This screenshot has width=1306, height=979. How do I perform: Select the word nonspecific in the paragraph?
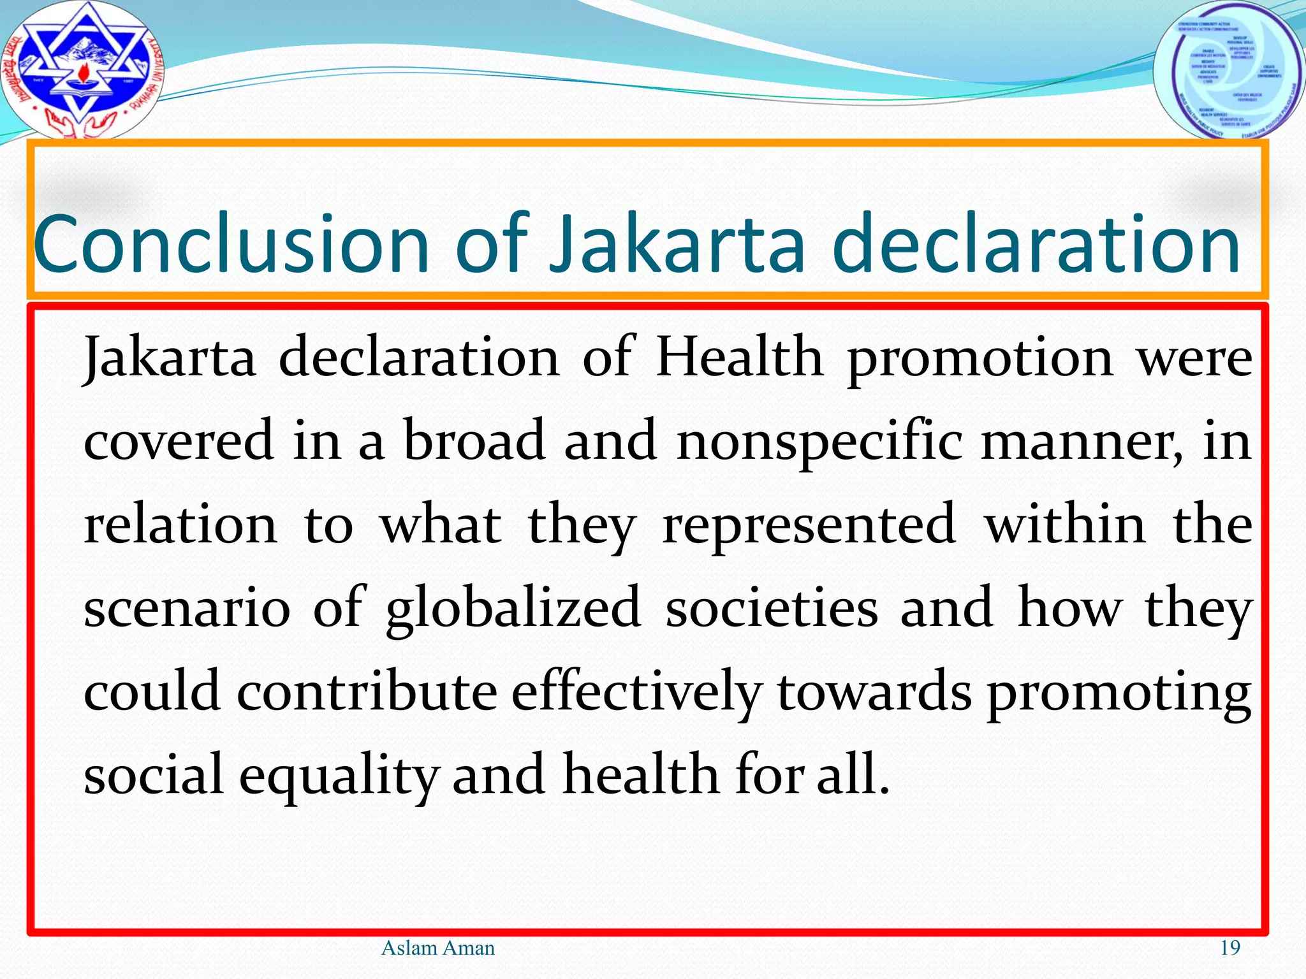819,441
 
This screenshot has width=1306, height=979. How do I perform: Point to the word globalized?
513,609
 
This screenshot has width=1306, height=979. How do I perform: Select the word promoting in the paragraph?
1119,693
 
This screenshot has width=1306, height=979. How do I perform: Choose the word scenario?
187,609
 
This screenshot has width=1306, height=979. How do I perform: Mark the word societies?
772,609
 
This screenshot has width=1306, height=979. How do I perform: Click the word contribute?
367,693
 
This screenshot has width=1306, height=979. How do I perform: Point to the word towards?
874,693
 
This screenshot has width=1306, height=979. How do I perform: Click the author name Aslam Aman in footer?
437,948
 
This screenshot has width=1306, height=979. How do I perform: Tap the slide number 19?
1230,948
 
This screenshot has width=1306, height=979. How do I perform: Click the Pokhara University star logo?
82,69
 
